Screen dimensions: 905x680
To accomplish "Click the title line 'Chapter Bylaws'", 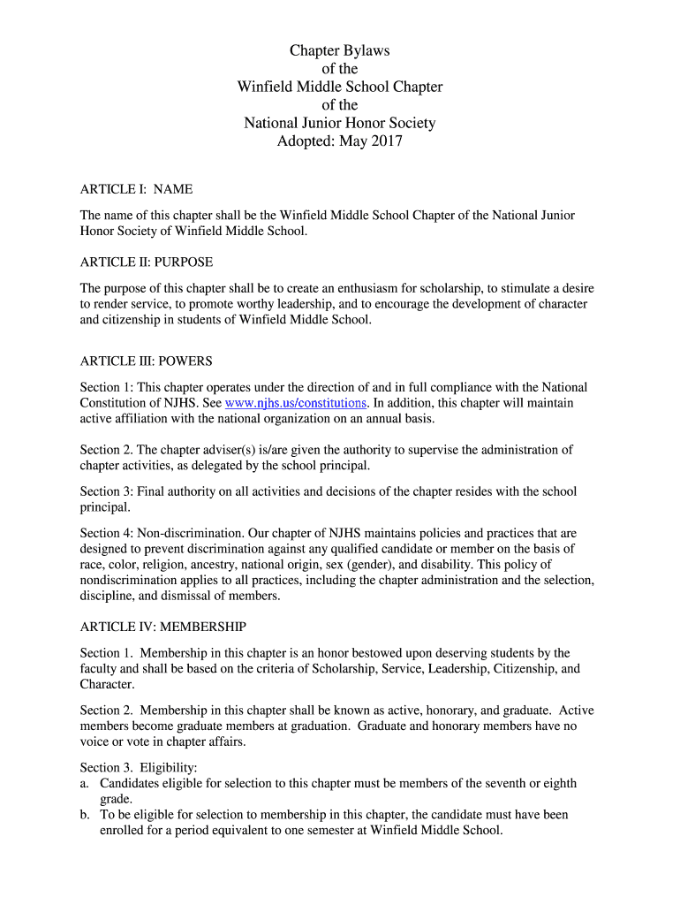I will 340,50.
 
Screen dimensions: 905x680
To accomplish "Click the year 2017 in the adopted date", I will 386,141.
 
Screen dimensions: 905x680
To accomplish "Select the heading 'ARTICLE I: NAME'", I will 136,189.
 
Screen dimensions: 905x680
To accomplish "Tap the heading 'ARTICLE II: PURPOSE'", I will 147,262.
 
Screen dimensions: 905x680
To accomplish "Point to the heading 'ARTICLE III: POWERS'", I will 146,361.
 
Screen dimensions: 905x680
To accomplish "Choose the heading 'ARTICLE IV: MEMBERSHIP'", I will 163,627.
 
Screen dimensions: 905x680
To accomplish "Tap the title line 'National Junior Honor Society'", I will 340,123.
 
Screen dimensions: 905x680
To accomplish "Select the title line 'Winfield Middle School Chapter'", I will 340,87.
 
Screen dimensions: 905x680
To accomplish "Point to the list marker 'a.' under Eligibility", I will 85,783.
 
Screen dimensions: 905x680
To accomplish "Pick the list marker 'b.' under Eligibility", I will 85,815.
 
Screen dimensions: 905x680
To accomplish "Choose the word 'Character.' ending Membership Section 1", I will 108,685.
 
